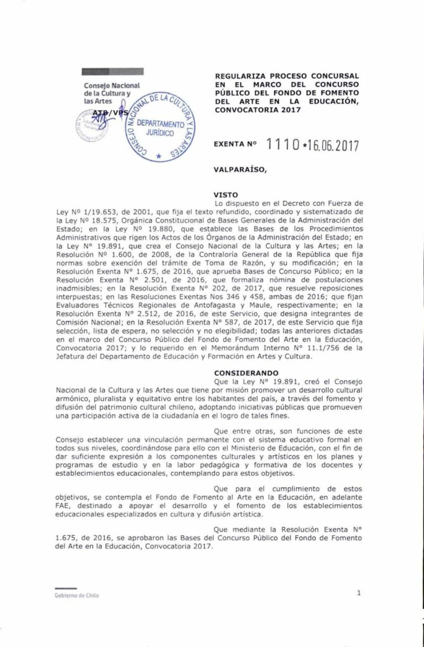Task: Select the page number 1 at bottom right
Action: pyautogui.click(x=358, y=593)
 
